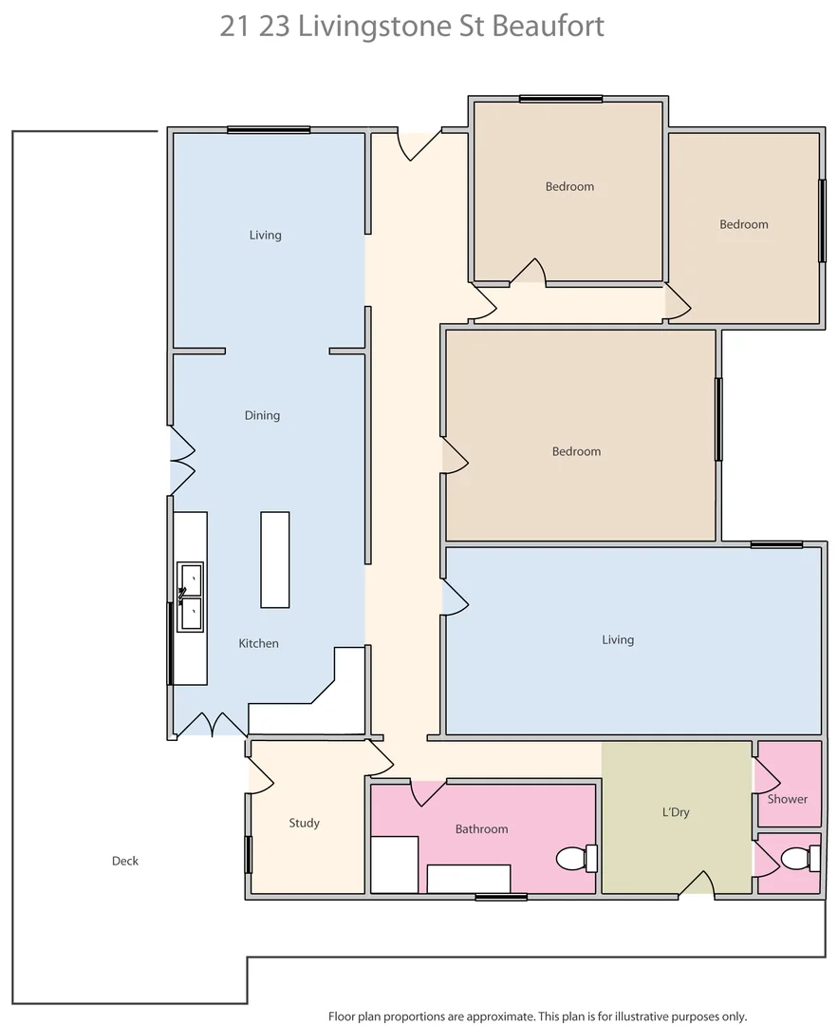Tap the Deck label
coord(125,861)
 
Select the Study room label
coord(304,823)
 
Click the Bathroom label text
coord(481,828)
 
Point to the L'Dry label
coord(675,812)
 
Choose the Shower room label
coord(788,799)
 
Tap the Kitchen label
coord(258,643)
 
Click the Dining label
coord(262,415)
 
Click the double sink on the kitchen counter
coord(191,597)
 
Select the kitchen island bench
coord(275,560)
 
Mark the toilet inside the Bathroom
coord(576,859)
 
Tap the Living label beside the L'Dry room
coord(618,639)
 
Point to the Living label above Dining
coord(265,235)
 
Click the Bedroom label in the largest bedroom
coord(576,451)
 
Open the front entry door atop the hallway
coord(419,145)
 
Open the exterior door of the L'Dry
coord(697,885)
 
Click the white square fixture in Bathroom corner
coord(394,864)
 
